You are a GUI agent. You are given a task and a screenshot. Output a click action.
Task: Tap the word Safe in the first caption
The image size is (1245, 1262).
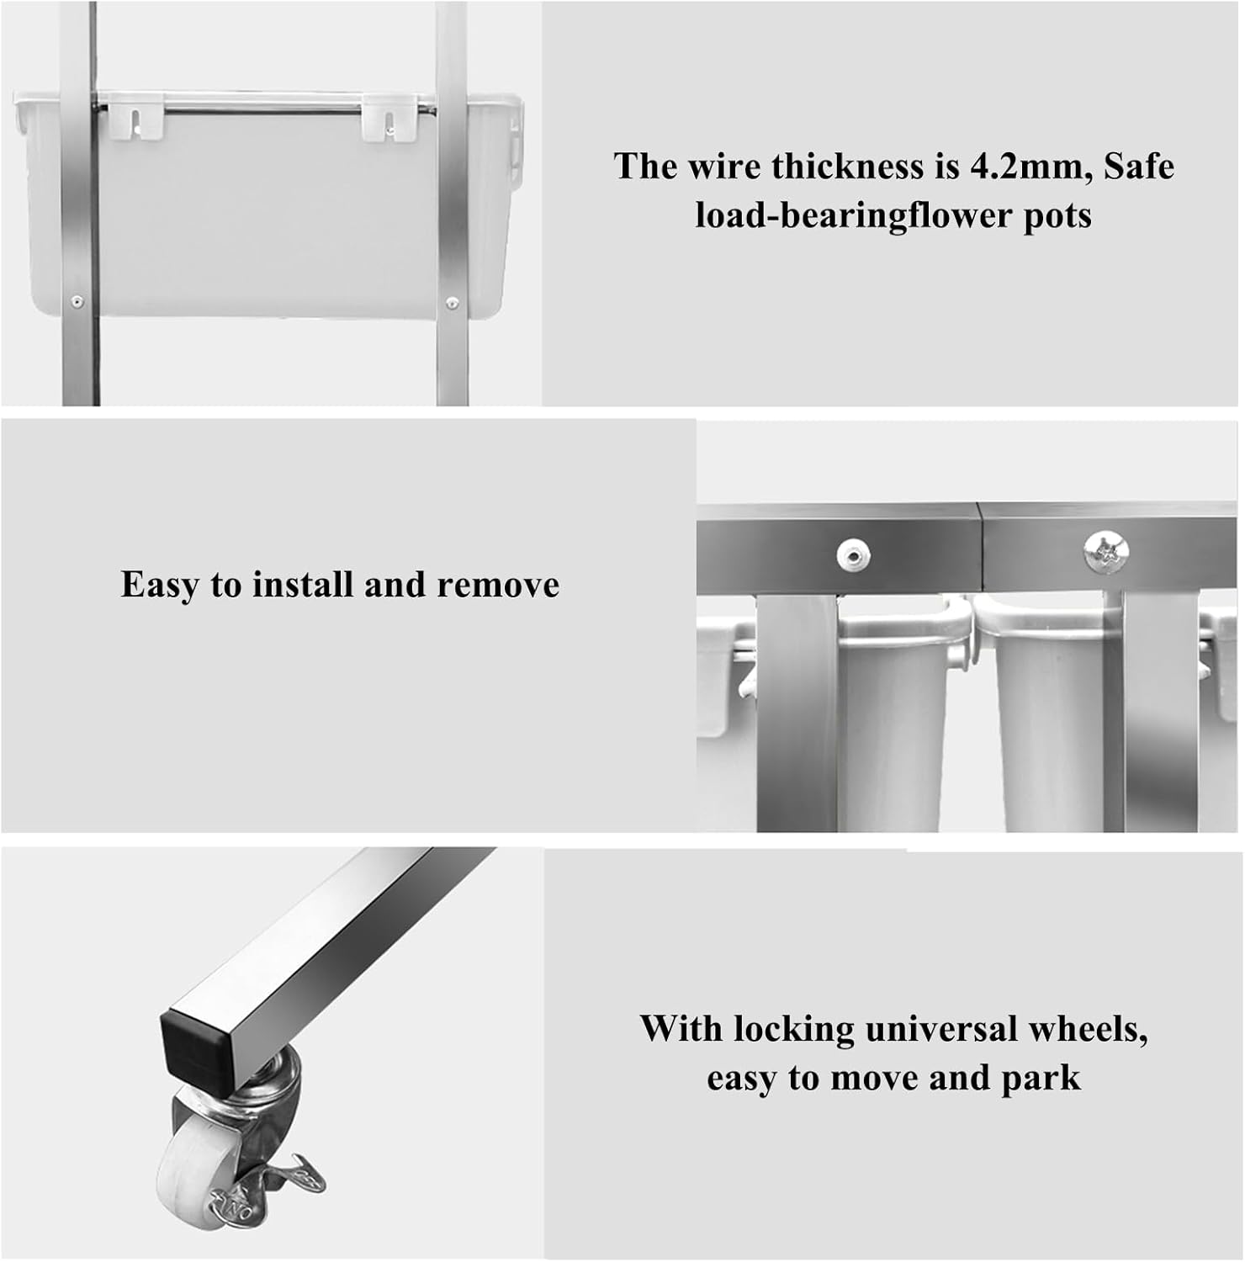pyautogui.click(x=1139, y=166)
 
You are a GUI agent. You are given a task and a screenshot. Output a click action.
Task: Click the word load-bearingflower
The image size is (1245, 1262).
pyautogui.click(x=853, y=215)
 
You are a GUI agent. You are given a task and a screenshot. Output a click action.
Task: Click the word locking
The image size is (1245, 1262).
pyautogui.click(x=793, y=1030)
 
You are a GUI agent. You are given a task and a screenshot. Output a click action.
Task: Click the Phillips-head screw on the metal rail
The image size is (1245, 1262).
pyautogui.click(x=1106, y=552)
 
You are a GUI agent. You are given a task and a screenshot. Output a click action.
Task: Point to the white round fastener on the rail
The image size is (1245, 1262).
pyautogui.click(x=853, y=555)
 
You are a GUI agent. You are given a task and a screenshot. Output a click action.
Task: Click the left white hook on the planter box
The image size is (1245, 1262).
pyautogui.click(x=135, y=120)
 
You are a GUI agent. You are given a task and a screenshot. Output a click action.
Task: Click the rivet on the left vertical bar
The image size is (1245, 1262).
pyautogui.click(x=77, y=301)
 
